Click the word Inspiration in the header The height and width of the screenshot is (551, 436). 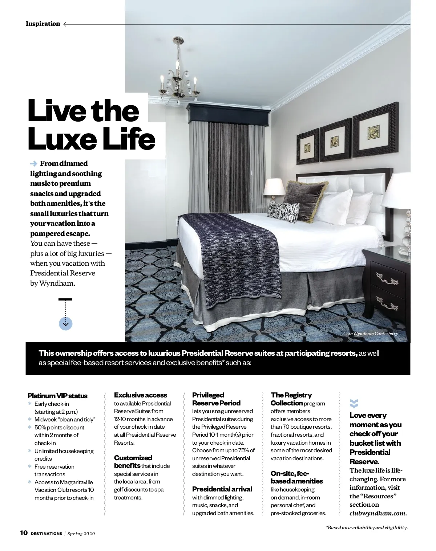tap(43, 24)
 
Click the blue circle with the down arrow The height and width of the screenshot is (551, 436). tap(65, 323)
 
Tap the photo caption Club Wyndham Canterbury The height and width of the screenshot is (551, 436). tap(371, 334)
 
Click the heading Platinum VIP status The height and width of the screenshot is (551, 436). tap(57, 396)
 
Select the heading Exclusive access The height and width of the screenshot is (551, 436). tap(140, 395)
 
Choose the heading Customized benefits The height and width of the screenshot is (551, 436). tap(133, 461)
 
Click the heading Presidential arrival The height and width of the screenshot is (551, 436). tap(222, 489)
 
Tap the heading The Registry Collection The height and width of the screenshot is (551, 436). tap(291, 399)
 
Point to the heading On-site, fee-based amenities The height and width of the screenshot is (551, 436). tap(296, 477)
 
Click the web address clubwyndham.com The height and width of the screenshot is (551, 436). tap(378, 513)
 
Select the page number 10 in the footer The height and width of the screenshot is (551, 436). tap(24, 533)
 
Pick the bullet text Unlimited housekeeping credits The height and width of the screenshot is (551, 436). tap(64, 455)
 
